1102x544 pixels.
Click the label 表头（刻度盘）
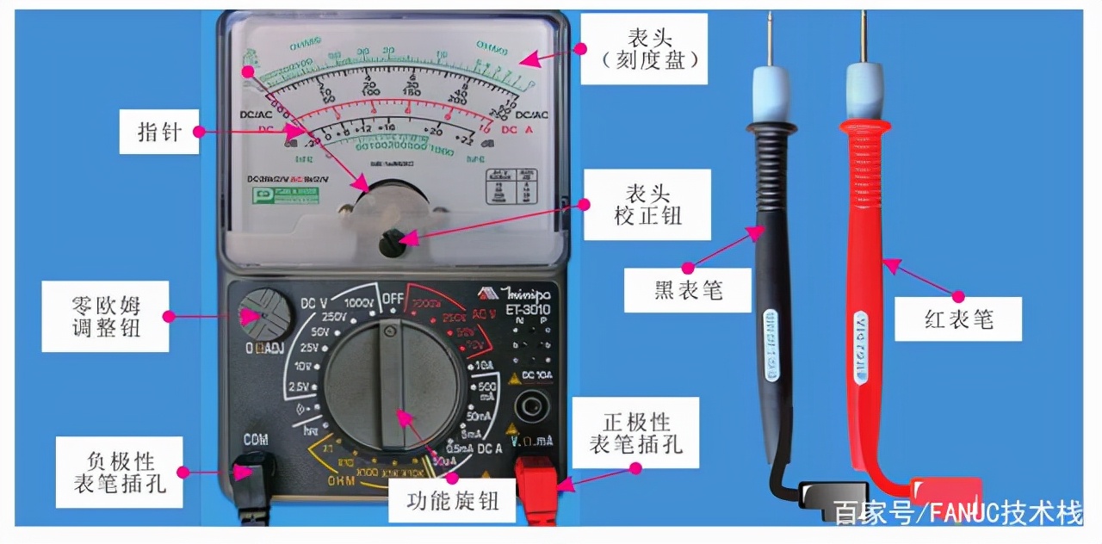(x=643, y=48)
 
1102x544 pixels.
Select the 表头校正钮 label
(x=648, y=204)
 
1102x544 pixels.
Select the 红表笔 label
(x=958, y=319)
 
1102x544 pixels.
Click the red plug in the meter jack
(x=537, y=486)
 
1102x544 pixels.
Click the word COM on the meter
(x=255, y=440)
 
